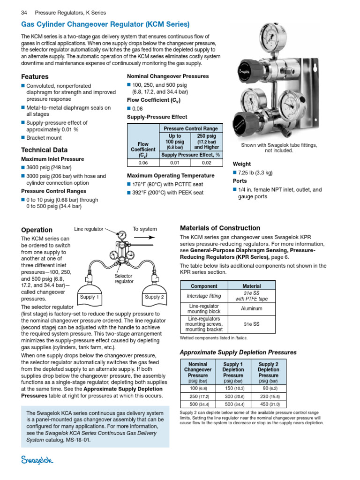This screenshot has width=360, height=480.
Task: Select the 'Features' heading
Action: (x=35, y=76)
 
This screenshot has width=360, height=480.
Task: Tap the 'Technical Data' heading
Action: (x=45, y=150)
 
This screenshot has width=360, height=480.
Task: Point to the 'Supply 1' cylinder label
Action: (x=89, y=297)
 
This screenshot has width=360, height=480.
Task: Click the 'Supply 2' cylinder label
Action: (x=155, y=297)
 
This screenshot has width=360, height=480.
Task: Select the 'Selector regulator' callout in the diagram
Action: (x=124, y=279)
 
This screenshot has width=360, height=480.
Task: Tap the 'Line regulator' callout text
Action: (x=89, y=229)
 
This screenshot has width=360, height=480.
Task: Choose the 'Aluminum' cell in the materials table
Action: (x=252, y=309)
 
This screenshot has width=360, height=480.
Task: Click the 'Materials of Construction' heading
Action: (x=220, y=228)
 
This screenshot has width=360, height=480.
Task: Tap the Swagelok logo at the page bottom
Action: (x=37, y=461)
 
